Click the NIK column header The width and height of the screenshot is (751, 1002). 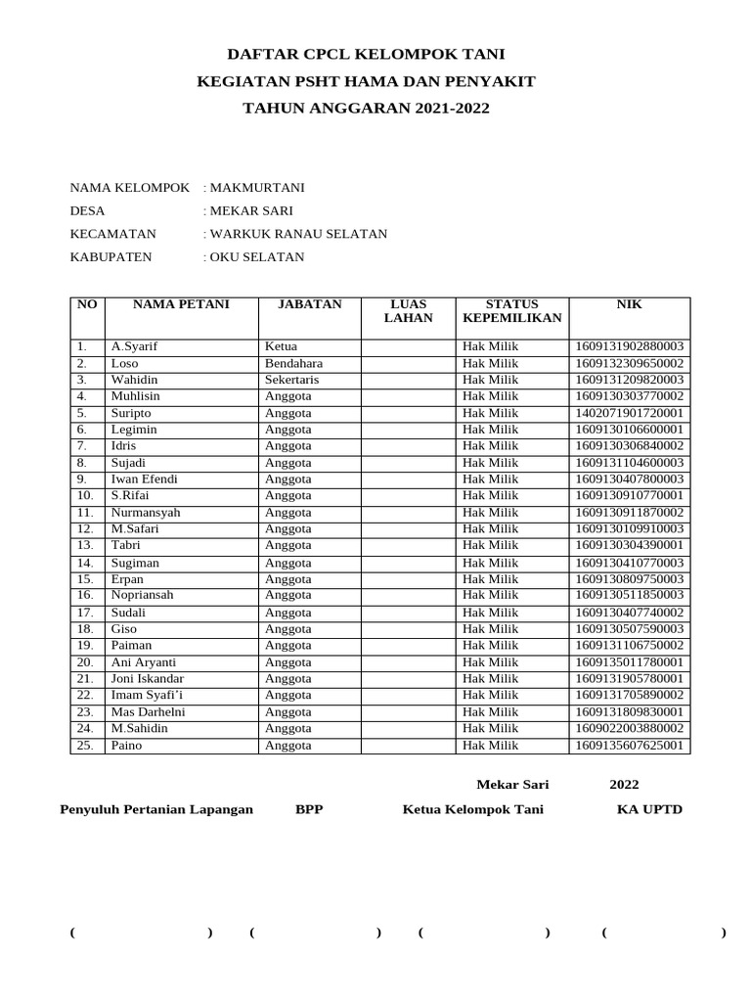[629, 304]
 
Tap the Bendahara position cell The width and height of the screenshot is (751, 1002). [293, 363]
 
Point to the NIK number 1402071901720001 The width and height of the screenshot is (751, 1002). [629, 413]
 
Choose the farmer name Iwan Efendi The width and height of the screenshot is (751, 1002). [145, 479]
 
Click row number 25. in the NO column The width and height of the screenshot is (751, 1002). [85, 746]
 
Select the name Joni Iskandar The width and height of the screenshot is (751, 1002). [147, 679]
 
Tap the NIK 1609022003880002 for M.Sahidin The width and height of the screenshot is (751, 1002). [629, 729]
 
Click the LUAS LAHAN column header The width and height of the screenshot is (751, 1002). [408, 311]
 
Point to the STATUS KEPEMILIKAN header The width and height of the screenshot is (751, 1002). [511, 311]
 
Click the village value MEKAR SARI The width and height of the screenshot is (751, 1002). [251, 210]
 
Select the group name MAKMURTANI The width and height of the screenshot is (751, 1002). [257, 187]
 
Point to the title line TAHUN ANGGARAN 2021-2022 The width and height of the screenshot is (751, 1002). [366, 109]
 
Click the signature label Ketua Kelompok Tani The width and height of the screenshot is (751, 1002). [472, 809]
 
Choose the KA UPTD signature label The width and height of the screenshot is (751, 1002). [649, 809]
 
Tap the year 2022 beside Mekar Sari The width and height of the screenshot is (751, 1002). [624, 785]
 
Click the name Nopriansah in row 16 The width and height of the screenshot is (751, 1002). [142, 595]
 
